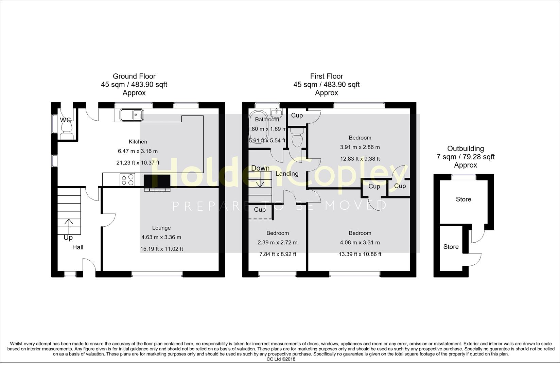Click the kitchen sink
pos(132,115)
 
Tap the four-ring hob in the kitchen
pos(127,180)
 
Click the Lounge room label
pos(161,228)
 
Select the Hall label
pos(78,247)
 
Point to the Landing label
pos(287,174)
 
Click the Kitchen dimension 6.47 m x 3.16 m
pos(138,151)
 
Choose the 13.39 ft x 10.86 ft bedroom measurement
pos(360,254)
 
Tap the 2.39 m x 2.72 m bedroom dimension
pos(278,243)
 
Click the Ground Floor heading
pos(134,76)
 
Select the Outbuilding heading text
pos(466,148)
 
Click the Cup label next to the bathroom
pos(297,116)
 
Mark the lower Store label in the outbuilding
pos(451,247)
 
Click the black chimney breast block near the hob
pos(157,180)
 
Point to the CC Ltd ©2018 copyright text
pos(281,359)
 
